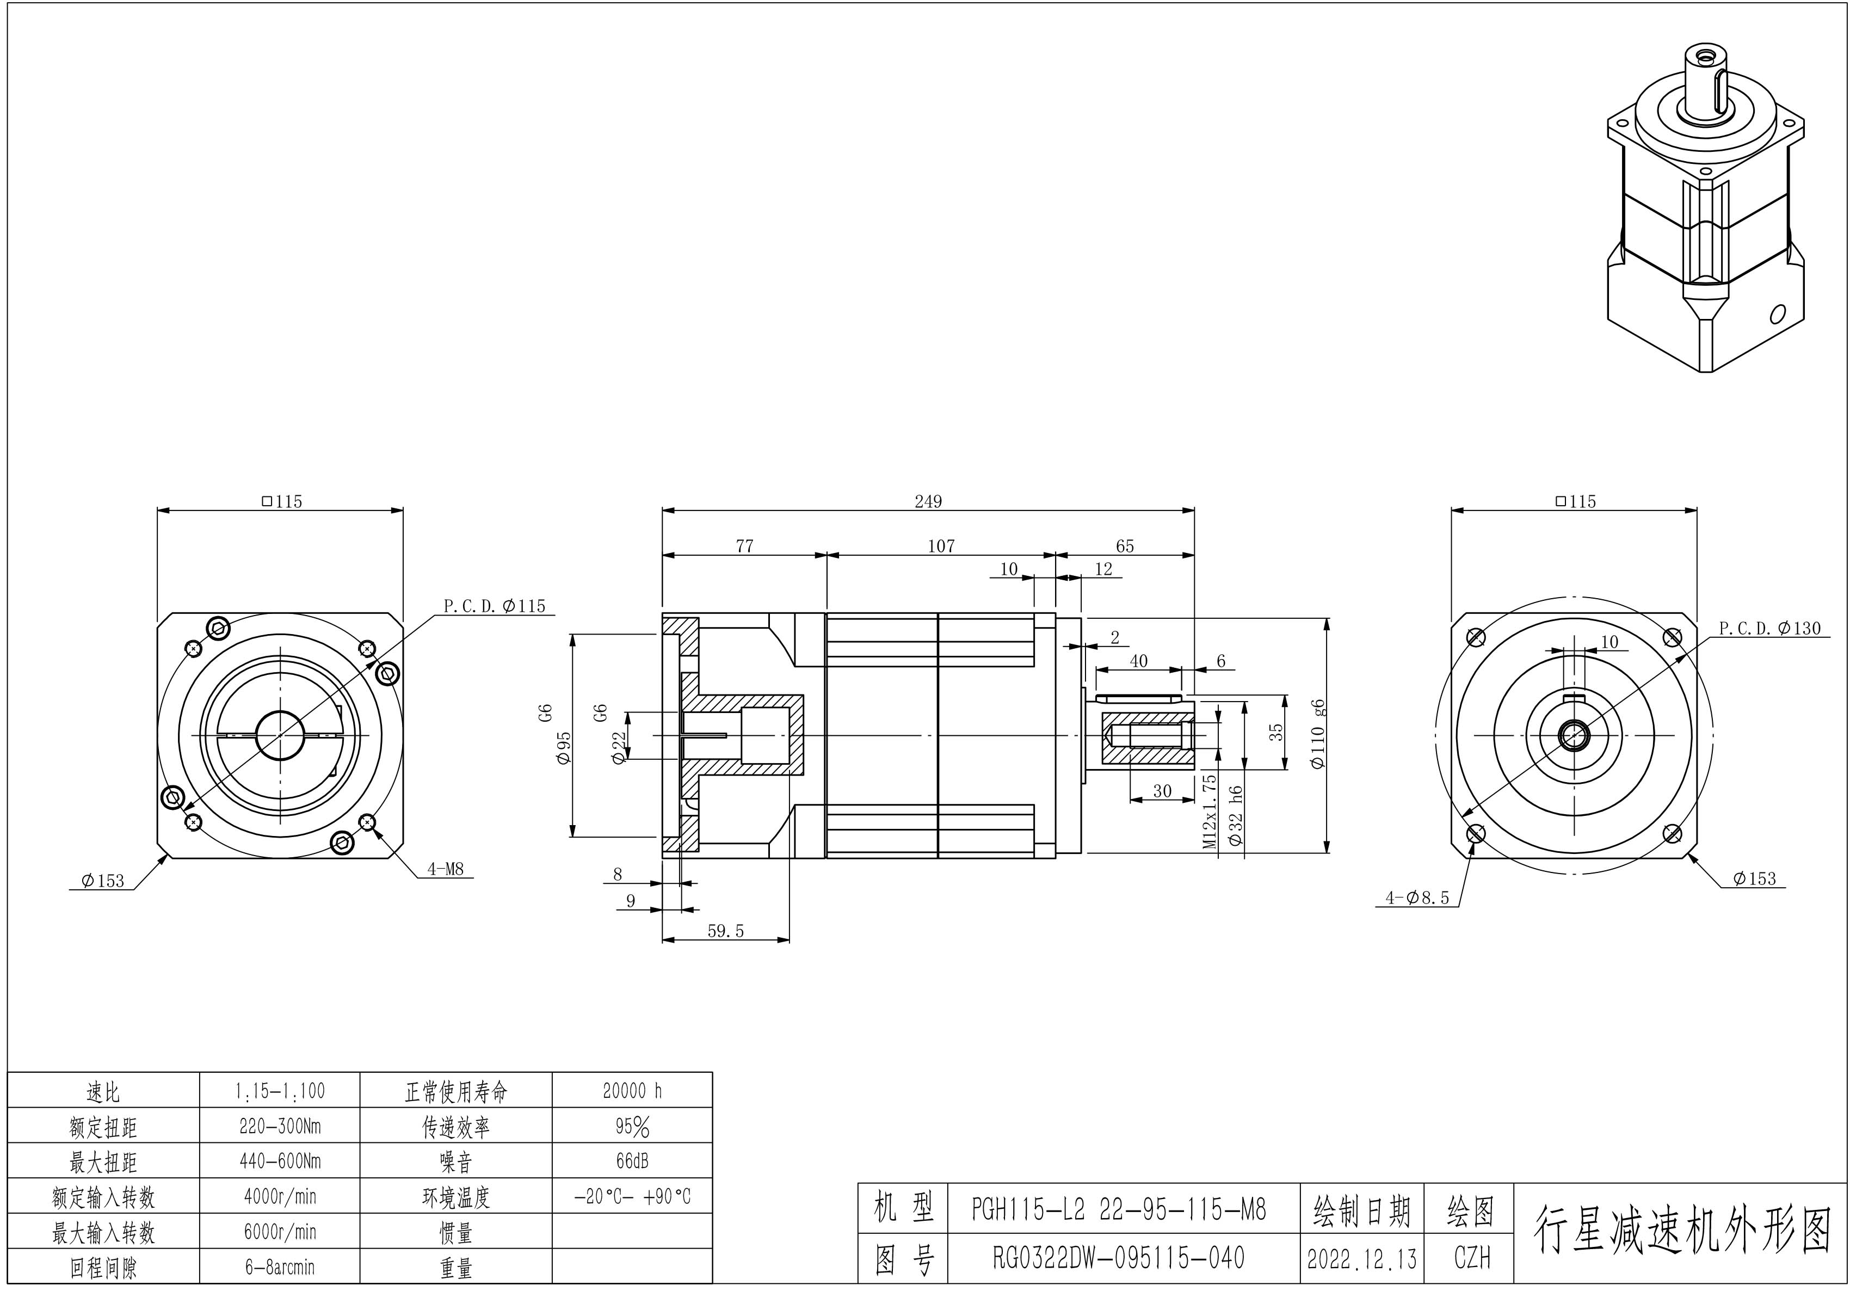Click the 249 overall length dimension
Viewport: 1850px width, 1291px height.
pos(927,501)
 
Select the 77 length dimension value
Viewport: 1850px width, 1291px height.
pos(744,546)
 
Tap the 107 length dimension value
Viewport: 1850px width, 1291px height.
pos(940,546)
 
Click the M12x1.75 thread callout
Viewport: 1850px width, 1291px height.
pos(1208,812)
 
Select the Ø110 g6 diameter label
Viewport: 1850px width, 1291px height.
pos(1318,734)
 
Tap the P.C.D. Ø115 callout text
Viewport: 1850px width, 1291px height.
pos(494,606)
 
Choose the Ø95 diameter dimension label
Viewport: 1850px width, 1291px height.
pos(564,748)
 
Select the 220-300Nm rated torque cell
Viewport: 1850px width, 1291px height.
pos(280,1126)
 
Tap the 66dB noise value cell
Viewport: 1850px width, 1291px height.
pos(632,1161)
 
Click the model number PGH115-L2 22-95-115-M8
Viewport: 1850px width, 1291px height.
pos(1118,1209)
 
